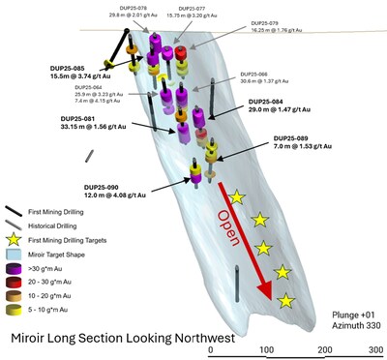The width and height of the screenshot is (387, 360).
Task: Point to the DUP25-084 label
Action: coord(267,103)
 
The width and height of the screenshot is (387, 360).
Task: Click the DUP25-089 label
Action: coord(293,137)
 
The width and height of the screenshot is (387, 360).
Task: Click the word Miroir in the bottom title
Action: coord(34,339)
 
